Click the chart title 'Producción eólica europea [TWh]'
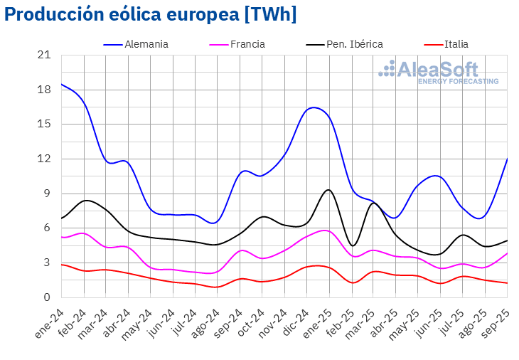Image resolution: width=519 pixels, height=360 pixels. coord(150,15)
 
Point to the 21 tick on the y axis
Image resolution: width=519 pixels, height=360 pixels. coord(44,55)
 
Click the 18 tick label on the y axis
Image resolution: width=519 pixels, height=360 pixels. coord(44,90)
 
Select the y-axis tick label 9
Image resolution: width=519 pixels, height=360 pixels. coord(47,194)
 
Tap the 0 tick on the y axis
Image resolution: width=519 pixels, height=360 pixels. coord(47,297)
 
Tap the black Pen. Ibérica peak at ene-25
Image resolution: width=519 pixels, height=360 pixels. coord(328,189)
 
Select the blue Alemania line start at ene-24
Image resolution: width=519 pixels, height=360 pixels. coord(62,84)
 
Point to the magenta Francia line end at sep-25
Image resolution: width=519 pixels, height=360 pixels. coord(506,253)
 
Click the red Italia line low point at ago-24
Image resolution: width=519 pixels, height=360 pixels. coord(217,287)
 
